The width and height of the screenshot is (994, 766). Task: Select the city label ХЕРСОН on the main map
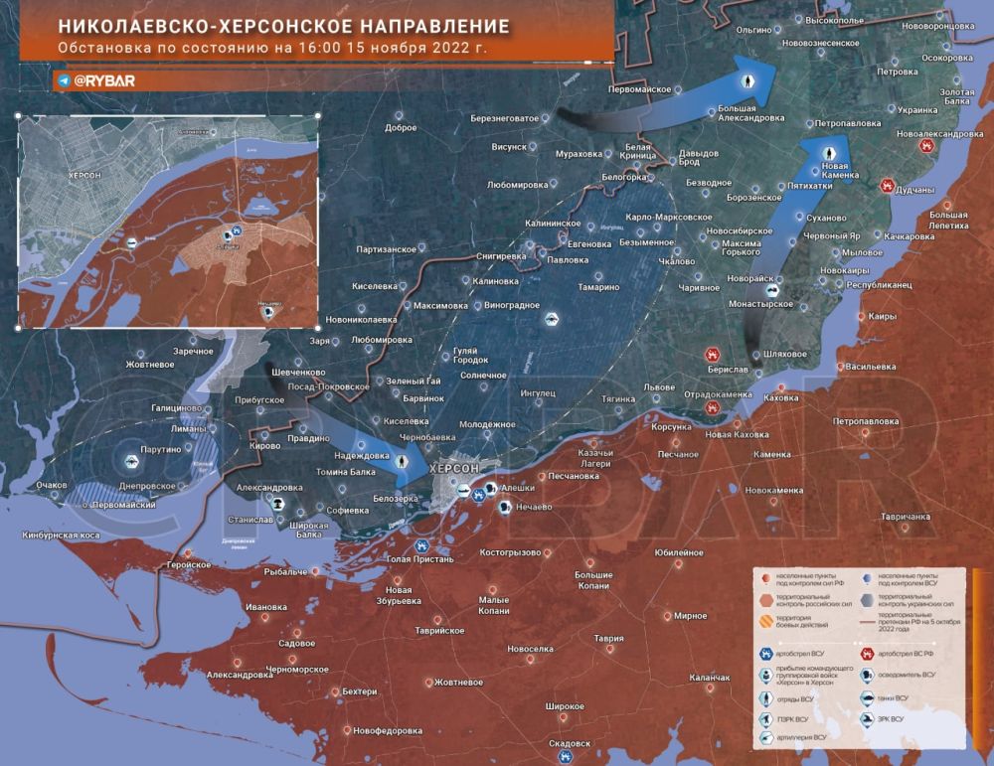pyautogui.click(x=455, y=468)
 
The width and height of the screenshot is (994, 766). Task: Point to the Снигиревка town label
pyautogui.click(x=501, y=255)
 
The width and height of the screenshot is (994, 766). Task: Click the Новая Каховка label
pyautogui.click(x=736, y=435)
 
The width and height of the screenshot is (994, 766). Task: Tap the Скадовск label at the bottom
pyautogui.click(x=570, y=743)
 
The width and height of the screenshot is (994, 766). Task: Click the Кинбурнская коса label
pyautogui.click(x=62, y=536)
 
